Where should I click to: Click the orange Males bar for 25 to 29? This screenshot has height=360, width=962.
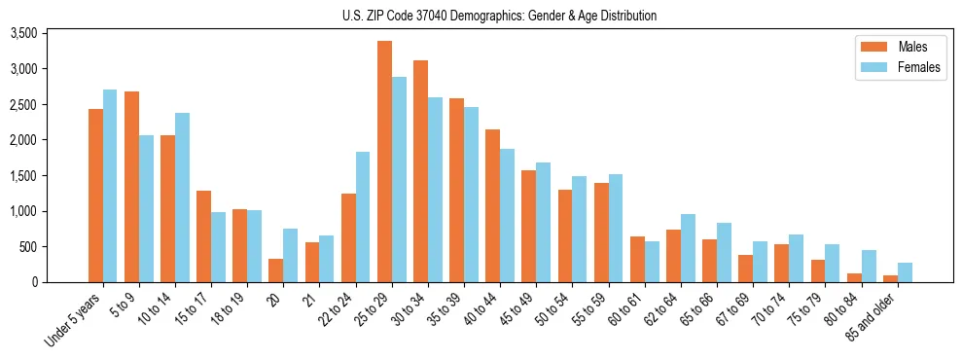tap(385, 162)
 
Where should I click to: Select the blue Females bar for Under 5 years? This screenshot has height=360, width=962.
tap(110, 186)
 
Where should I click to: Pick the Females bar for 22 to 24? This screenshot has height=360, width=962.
tap(363, 217)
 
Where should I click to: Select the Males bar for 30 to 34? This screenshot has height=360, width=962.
tap(421, 171)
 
